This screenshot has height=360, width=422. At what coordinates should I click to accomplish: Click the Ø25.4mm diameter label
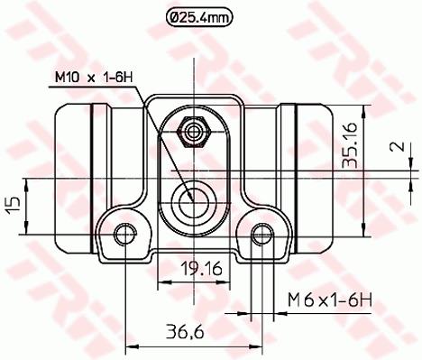199,18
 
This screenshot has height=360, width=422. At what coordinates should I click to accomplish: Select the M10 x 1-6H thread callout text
94,78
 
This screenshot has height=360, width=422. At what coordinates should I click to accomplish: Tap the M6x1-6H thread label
330,300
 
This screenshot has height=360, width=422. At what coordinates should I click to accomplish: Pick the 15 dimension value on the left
14,206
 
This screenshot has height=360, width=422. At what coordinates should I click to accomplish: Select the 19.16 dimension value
201,268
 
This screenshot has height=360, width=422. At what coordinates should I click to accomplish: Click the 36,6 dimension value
186,332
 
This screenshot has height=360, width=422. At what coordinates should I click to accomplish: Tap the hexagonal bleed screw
193,132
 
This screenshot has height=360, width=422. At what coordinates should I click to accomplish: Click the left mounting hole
124,235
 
